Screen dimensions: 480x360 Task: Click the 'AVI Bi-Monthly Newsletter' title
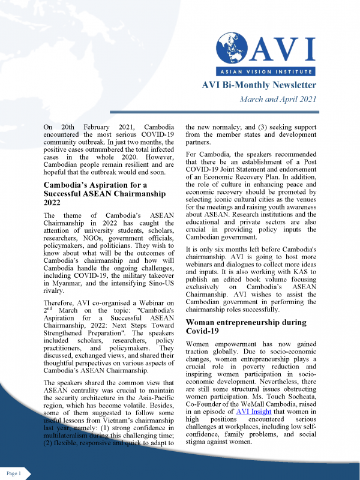pyautogui.click(x=259, y=86)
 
